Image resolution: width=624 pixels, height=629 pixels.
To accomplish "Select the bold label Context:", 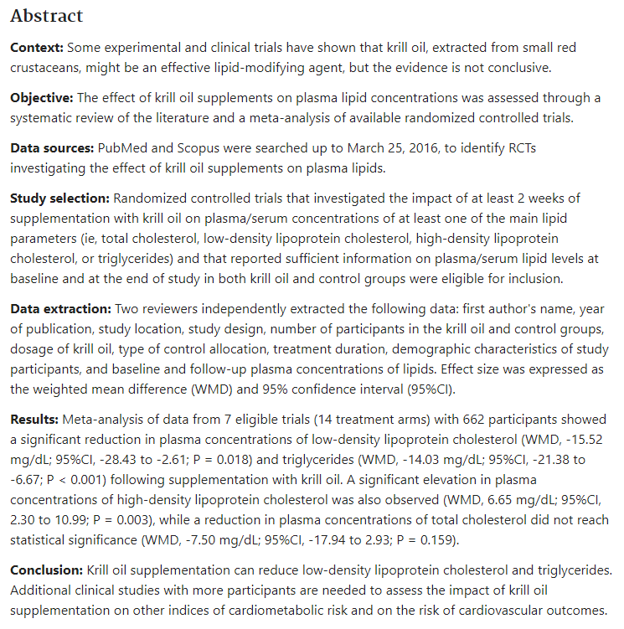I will (x=36, y=48).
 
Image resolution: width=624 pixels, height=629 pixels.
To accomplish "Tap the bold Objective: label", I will (x=44, y=98).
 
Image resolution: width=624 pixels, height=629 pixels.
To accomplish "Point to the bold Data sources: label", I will (x=52, y=148).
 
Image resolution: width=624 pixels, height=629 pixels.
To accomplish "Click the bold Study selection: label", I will (x=59, y=198).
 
